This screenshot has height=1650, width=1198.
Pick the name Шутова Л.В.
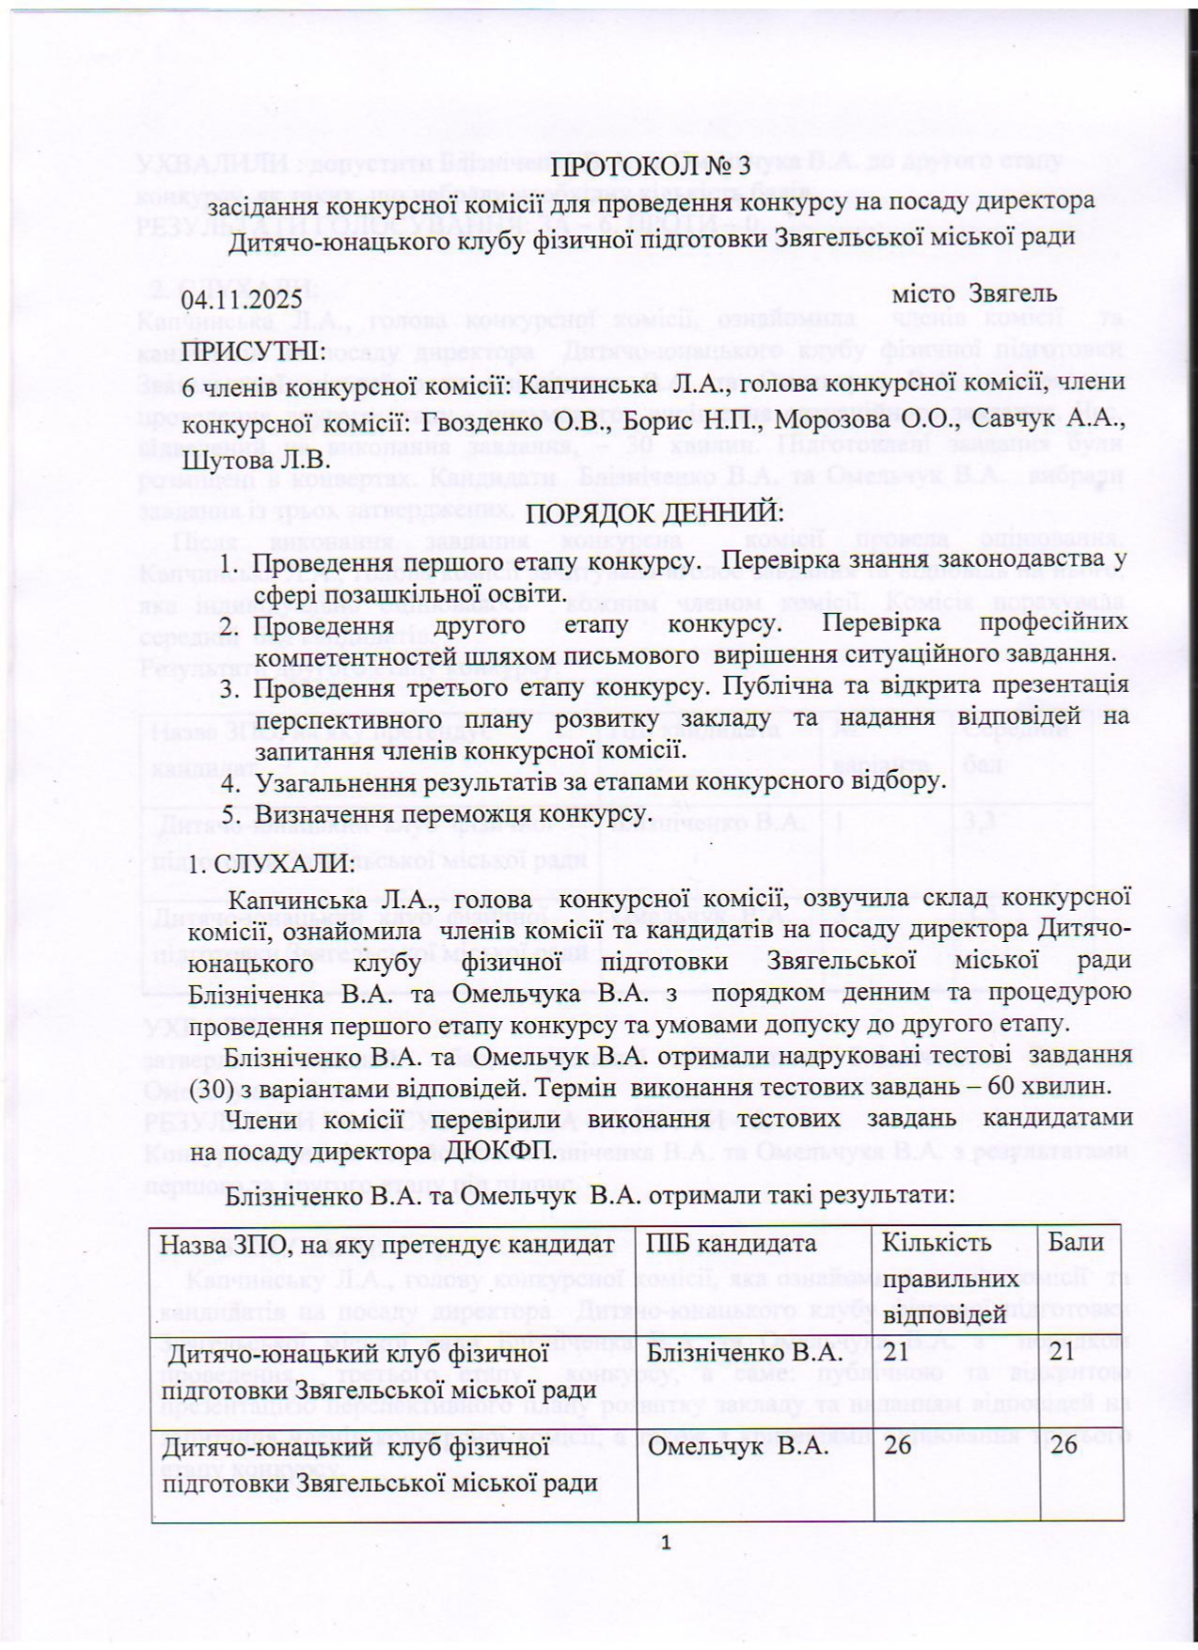pyautogui.click(x=256, y=460)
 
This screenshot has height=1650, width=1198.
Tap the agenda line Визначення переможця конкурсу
pyautogui.click(x=452, y=812)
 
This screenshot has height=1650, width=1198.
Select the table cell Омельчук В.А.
pyautogui.click(x=737, y=1445)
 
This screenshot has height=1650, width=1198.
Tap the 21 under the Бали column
pyautogui.click(x=1064, y=1352)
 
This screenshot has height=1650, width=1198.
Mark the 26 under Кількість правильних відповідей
pyautogui.click(x=898, y=1445)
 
